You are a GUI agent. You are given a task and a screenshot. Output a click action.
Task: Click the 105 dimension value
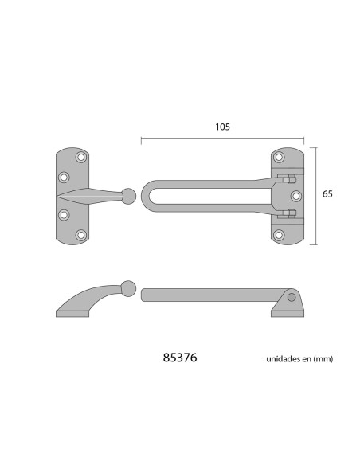point(222,127)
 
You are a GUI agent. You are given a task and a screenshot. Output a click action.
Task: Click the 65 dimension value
point(327,194)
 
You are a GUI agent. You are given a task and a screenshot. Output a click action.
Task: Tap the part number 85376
point(180,358)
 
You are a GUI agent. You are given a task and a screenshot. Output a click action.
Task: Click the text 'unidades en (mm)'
point(299,359)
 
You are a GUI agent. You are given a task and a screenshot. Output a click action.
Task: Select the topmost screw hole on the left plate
point(81,157)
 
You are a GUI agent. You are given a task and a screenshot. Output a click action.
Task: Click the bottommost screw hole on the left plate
point(81,235)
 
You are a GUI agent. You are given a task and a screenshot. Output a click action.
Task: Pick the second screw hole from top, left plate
point(64,178)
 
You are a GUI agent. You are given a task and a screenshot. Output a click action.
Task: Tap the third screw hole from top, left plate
point(64,215)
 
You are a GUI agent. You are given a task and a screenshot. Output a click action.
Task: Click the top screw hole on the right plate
point(279,157)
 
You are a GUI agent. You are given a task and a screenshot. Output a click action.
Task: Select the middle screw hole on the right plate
point(296,196)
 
